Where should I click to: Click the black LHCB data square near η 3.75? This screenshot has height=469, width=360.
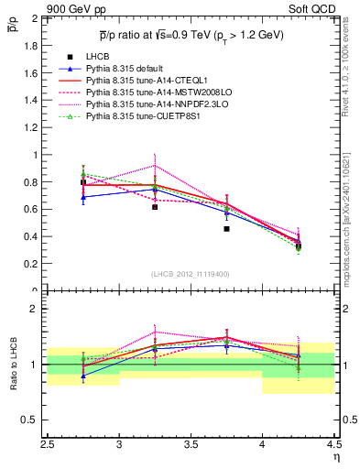226,229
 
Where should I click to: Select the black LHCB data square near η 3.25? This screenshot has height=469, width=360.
155,207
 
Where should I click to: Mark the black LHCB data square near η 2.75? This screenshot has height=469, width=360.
83,182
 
